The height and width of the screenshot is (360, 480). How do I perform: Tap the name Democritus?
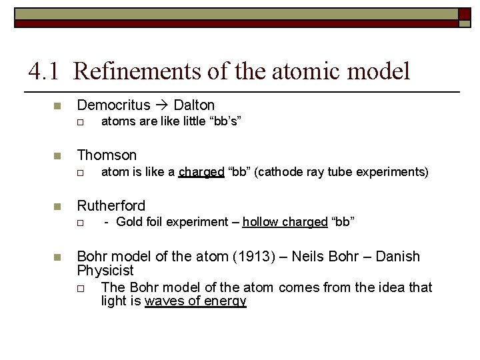click(113, 105)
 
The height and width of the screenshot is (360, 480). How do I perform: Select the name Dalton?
click(194, 105)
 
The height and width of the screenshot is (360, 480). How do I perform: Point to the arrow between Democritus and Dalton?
click(162, 105)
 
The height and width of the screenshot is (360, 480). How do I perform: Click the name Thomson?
click(107, 155)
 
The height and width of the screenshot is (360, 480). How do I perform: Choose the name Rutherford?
click(111, 205)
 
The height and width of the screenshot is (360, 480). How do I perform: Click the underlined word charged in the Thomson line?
click(201, 172)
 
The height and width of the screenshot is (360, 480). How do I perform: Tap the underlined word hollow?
click(260, 222)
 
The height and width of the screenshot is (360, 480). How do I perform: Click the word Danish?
click(398, 256)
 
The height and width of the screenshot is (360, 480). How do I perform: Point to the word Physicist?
click(105, 271)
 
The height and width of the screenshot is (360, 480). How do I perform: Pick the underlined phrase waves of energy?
click(195, 301)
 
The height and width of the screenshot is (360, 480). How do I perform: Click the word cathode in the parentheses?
click(279, 172)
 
